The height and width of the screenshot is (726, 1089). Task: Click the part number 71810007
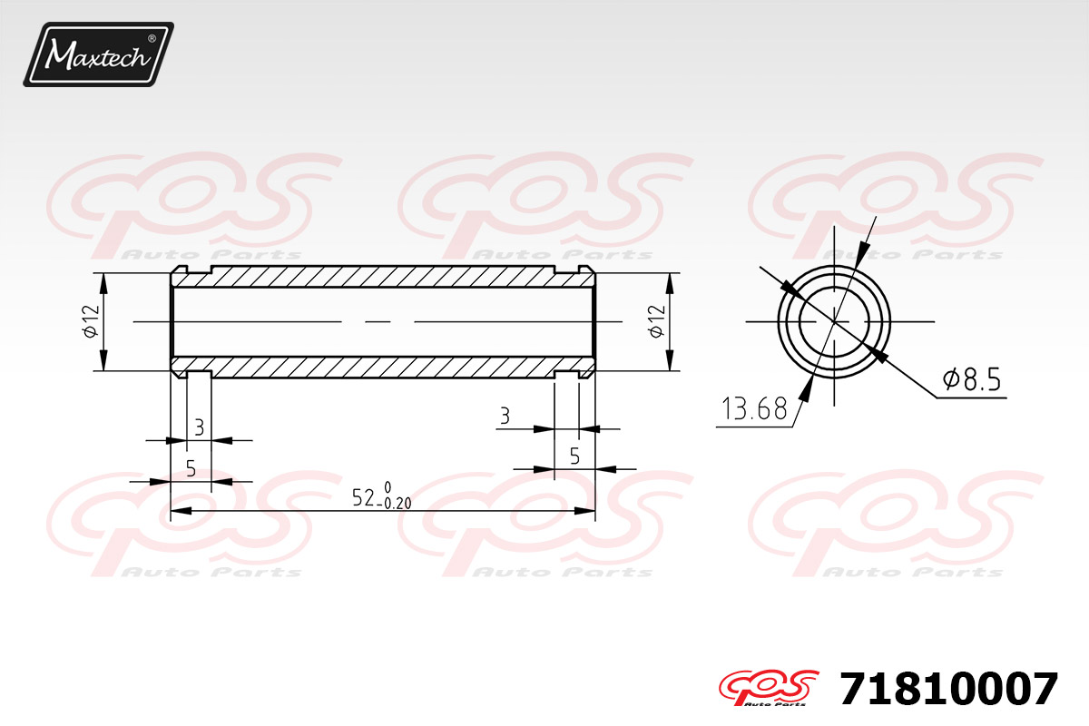948,690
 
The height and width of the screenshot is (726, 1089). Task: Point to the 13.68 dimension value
753,410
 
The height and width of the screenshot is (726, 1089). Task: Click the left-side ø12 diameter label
90,321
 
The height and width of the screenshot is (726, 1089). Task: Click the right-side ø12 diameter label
657,321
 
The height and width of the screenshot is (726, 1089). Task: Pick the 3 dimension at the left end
198,425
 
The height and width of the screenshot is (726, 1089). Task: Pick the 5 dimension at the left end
191,468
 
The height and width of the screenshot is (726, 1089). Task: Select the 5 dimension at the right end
574,456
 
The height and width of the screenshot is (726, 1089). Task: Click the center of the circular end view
834,321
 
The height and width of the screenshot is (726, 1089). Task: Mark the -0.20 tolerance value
397,505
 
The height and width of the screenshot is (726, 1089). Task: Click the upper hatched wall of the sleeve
381,276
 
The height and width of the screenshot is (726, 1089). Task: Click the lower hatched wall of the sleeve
381,367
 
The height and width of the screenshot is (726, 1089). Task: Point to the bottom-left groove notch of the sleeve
198,374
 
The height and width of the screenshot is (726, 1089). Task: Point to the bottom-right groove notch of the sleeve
566,374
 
